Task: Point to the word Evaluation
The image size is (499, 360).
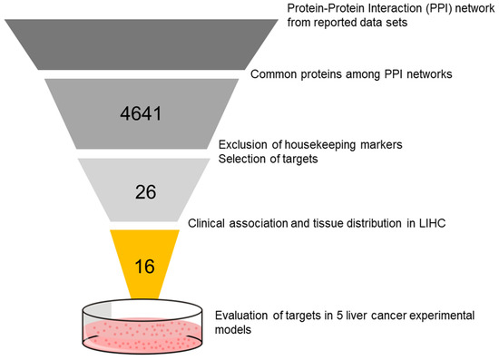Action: [x=244, y=316]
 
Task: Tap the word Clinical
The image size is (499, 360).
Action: [x=210, y=221]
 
